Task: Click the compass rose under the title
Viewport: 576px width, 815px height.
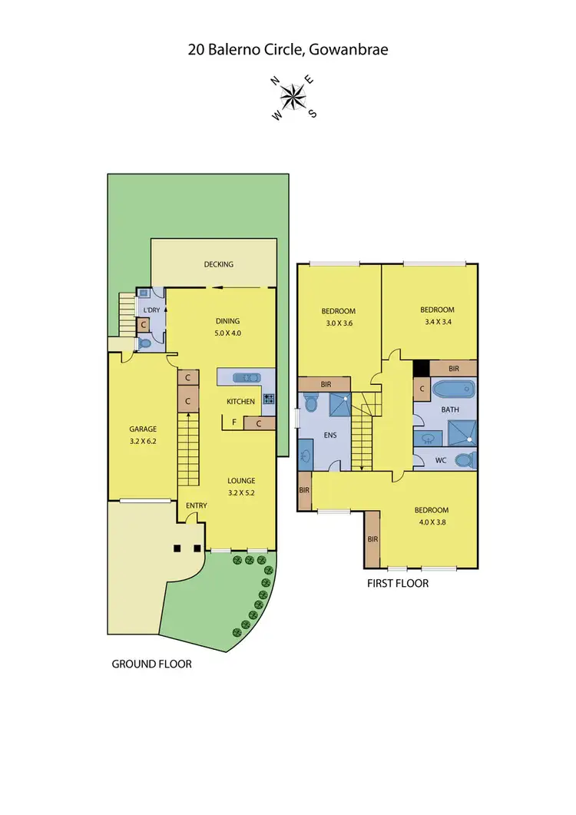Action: coord(292,97)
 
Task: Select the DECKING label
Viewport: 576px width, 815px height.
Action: coord(218,264)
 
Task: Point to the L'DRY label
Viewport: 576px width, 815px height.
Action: coord(151,310)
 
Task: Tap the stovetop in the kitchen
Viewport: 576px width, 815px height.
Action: coord(269,399)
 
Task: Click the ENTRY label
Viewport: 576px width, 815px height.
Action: coord(197,505)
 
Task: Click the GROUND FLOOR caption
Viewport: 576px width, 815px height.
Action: coord(151,664)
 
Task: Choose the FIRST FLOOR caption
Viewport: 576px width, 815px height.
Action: coord(397,583)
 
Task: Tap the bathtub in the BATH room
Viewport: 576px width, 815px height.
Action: coord(454,389)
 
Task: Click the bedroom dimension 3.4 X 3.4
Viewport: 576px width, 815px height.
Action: coord(437,323)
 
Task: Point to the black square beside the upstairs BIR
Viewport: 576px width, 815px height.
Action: coord(420,368)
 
